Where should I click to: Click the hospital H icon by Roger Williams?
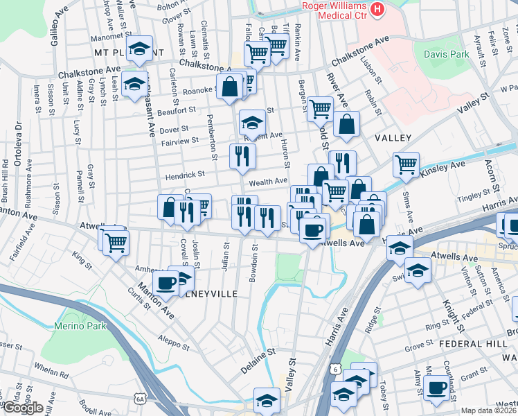377,9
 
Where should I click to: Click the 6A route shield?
141,399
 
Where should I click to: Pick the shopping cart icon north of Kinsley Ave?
406,164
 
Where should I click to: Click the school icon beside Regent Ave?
252,122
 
